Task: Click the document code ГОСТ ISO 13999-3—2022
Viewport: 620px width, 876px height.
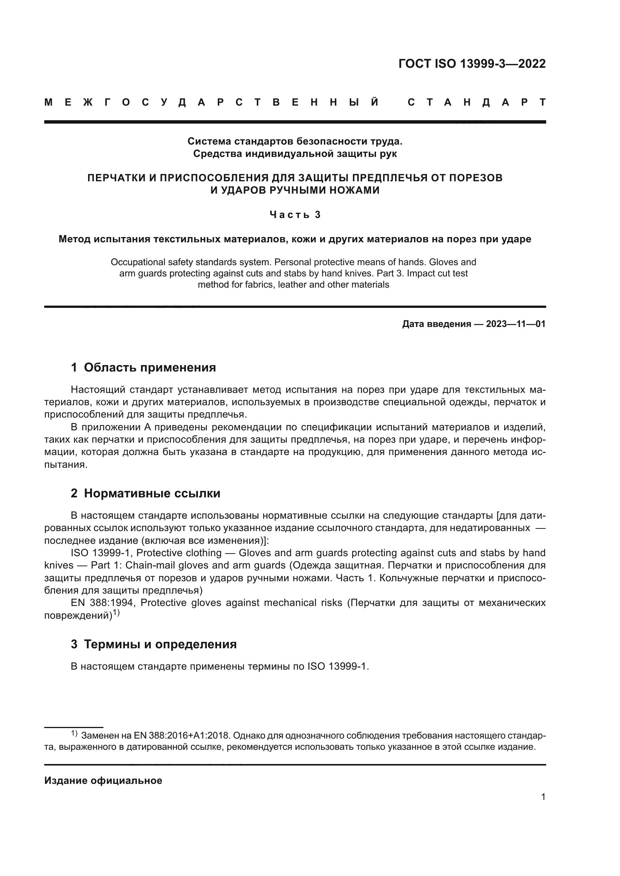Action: tap(472, 64)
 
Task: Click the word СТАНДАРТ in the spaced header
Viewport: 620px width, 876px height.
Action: tap(477, 102)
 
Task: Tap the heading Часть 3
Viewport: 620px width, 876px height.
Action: tap(295, 215)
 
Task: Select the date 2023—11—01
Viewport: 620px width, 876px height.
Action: tap(516, 324)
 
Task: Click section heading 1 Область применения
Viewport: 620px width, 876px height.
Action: tap(143, 367)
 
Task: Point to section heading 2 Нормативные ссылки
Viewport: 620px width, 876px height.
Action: tap(145, 493)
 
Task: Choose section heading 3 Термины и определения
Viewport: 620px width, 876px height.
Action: tap(153, 644)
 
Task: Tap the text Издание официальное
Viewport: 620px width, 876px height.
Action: tap(103, 780)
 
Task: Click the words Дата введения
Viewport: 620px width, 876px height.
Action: tap(436, 324)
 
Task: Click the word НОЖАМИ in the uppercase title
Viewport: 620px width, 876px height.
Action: tap(355, 190)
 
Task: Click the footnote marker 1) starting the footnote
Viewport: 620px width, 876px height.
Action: tap(74, 733)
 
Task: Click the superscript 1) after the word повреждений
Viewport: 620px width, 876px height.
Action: tap(116, 613)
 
